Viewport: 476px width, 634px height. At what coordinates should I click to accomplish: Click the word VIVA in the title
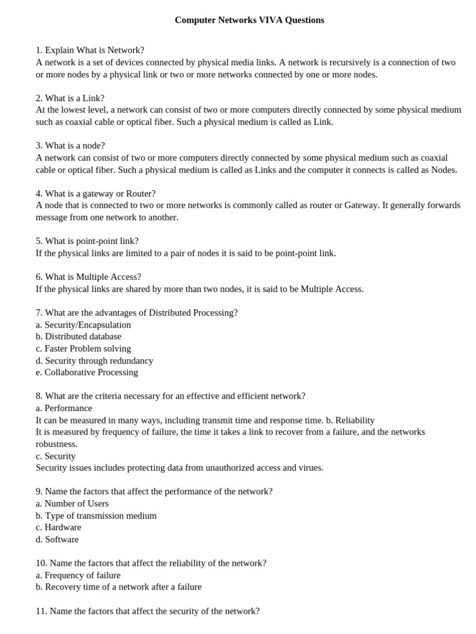[261, 20]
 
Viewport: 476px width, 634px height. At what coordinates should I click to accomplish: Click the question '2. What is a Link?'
[70, 98]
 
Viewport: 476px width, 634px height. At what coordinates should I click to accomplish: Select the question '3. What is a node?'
[70, 145]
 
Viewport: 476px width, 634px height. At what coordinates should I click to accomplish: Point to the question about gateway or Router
[95, 193]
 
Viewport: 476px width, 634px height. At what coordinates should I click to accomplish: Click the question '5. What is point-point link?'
[87, 241]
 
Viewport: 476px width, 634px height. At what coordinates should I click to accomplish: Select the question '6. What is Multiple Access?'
[88, 277]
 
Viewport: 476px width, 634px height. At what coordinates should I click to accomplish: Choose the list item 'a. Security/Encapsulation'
[83, 324]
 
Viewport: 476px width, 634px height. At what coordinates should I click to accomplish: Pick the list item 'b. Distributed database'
[79, 336]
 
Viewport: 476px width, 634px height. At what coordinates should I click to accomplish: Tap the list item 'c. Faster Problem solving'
[83, 349]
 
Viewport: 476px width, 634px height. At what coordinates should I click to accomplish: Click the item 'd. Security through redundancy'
[94, 360]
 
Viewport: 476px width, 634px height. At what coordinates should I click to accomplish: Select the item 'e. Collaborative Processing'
[87, 372]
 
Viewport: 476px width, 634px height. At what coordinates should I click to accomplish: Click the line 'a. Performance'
[64, 408]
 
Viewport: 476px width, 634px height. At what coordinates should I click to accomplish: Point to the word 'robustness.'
[56, 444]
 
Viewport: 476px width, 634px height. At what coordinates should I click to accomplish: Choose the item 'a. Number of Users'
[72, 503]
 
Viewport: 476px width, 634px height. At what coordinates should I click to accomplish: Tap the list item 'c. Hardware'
[58, 527]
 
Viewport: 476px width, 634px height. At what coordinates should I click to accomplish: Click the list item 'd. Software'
[57, 539]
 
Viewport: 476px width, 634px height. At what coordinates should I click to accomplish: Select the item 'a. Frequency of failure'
[78, 575]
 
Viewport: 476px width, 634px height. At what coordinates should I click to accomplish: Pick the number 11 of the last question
[41, 611]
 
